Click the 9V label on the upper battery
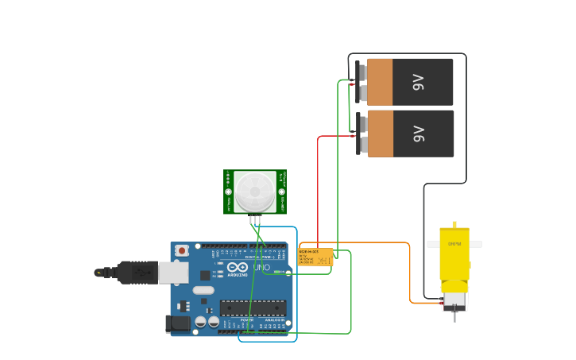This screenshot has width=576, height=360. (419, 82)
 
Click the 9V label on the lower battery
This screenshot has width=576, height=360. (419, 134)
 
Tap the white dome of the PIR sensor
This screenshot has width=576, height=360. (254, 192)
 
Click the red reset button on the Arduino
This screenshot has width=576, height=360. (182, 250)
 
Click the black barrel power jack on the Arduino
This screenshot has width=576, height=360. (176, 323)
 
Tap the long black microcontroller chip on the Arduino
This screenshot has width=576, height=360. (253, 307)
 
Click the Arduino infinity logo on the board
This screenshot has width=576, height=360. (238, 268)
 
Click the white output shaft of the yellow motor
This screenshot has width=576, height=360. (475, 244)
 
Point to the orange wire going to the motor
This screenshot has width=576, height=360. (410, 270)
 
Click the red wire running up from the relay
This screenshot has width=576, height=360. (319, 191)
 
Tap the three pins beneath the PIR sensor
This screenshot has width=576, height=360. (255, 219)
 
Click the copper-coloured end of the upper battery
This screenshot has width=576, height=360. (380, 82)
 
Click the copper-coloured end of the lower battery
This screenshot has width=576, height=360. (380, 134)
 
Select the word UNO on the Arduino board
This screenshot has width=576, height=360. (261, 268)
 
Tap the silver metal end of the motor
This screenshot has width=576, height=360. (454, 301)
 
